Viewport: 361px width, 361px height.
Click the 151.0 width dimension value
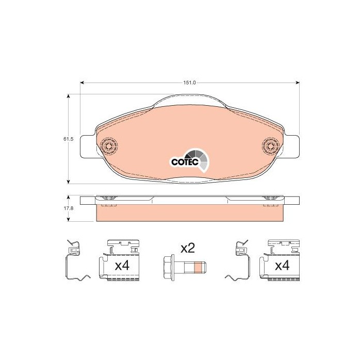tap(189, 83)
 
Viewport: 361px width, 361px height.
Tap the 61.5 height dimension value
tap(68, 139)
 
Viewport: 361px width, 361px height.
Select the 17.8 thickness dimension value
tap(68, 208)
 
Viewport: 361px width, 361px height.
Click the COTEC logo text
tap(185, 162)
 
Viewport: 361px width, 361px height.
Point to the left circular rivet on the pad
tap(109, 146)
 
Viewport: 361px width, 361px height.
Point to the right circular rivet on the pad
tap(271, 146)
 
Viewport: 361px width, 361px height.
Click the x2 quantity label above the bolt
tap(188, 249)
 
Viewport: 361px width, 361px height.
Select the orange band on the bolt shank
tap(198, 267)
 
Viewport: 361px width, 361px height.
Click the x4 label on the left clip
tap(122, 266)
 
